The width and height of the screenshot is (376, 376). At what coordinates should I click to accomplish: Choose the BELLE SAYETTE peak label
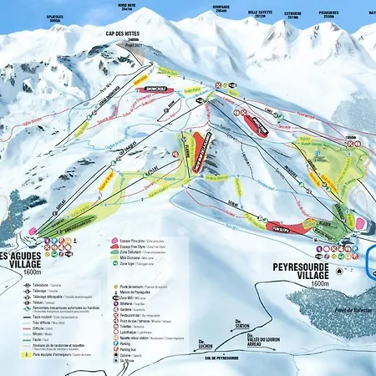[x=261, y=14]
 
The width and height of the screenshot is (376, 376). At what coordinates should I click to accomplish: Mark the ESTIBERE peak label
[x=292, y=14]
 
